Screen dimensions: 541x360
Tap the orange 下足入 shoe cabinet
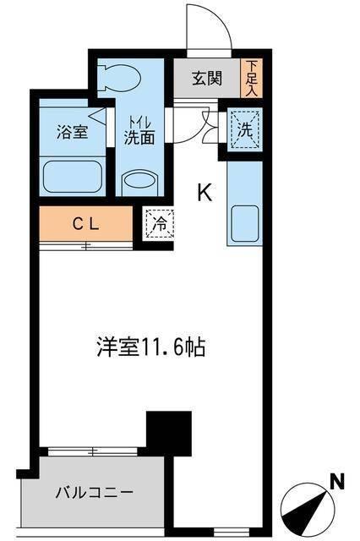pyautogui.click(x=252, y=78)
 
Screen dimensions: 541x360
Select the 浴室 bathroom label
pyautogui.click(x=69, y=132)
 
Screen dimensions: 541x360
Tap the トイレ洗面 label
pyautogui.click(x=139, y=131)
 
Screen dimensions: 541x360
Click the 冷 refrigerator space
pyautogui.click(x=158, y=224)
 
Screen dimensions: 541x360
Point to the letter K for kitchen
pyautogui.click(x=205, y=194)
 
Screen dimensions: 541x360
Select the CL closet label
pyautogui.click(x=85, y=224)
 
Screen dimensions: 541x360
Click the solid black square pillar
pyautogui.click(x=166, y=433)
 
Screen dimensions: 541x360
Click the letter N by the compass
pyautogui.click(x=336, y=484)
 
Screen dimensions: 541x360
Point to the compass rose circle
pyautogui.click(x=308, y=510)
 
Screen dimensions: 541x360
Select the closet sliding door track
pyautogui.click(x=85, y=246)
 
